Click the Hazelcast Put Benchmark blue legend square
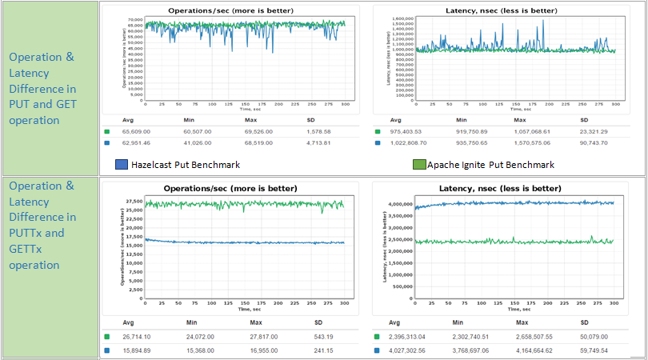pyautogui.click(x=121, y=165)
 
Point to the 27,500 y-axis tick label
pyautogui.click(x=134, y=202)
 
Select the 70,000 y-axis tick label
pyautogui.click(x=134, y=19)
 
